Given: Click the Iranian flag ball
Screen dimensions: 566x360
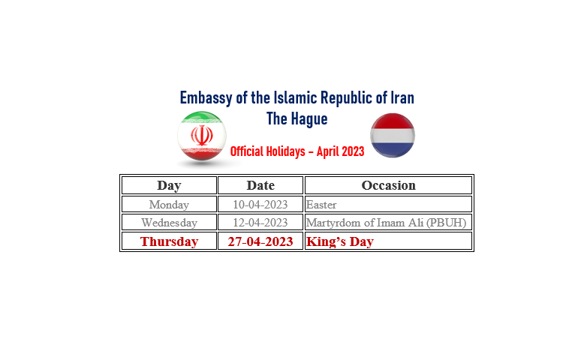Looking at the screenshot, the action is tap(202, 136).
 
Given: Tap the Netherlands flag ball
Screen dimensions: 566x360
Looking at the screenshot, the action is tap(393, 135).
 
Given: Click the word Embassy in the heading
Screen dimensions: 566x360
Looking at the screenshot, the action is tap(206, 97).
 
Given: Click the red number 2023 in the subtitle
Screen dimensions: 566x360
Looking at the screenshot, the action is tap(352, 151).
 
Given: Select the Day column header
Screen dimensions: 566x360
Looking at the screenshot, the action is tap(169, 185).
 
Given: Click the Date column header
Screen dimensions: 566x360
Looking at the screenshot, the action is tap(260, 185).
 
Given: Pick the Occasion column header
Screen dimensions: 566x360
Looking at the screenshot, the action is tap(388, 185).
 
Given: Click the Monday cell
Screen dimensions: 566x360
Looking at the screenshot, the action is tap(169, 205).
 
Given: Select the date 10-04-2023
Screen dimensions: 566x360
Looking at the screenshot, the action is tap(260, 205).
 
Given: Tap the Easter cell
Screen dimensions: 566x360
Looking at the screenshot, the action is tap(321, 205).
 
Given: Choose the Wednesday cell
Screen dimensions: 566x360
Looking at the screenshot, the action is tap(169, 223).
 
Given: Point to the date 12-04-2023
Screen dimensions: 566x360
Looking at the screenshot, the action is tap(260, 223).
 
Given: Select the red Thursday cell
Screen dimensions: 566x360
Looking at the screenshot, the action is tap(169, 241).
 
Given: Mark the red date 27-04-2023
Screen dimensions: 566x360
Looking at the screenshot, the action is tap(260, 241).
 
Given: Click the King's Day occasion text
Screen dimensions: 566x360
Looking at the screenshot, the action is tap(339, 241).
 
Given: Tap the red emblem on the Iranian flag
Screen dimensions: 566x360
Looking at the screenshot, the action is tap(202, 135).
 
